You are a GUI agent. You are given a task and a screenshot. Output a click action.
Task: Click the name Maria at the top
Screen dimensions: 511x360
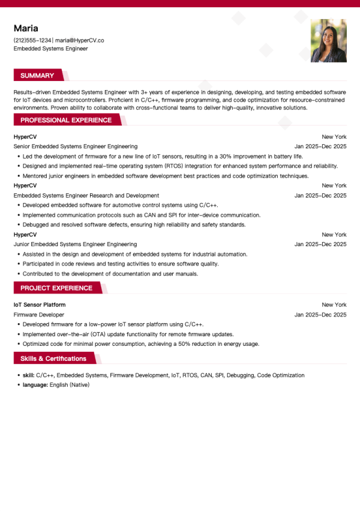(26, 28)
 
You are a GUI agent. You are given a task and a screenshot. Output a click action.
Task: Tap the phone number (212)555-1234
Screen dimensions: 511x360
(32, 40)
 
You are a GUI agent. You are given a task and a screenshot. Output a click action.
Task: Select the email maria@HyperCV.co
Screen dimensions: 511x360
(80, 40)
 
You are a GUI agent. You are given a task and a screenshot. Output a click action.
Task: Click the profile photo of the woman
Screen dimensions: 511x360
(328, 41)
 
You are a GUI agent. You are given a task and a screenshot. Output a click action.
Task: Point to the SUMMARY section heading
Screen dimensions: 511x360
(37, 76)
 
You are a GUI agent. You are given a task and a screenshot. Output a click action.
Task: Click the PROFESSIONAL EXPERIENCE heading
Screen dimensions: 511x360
(66, 120)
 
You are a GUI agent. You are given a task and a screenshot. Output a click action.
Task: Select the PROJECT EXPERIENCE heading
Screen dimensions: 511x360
(56, 288)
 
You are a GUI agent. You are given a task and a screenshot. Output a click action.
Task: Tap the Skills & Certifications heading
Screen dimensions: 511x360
(53, 359)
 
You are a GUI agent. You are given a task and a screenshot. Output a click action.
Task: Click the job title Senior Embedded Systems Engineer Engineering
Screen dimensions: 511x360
(76, 147)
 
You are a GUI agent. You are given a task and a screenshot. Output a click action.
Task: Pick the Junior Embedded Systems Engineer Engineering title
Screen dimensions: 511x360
(75, 244)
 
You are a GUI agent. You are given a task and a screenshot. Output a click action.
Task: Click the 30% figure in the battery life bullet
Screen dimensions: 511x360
(233, 156)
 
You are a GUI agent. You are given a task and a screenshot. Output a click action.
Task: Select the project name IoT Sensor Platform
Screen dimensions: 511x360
(40, 305)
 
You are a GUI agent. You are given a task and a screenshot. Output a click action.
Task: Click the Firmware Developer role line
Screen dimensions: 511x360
(39, 315)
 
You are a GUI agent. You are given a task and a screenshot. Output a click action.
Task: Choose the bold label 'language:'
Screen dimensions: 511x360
(35, 385)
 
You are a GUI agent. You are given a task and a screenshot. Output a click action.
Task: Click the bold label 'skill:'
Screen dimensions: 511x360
(29, 375)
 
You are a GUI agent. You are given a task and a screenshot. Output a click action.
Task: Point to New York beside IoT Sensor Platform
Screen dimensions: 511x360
(334, 305)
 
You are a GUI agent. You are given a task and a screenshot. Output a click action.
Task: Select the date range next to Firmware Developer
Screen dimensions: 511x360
(320, 315)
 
